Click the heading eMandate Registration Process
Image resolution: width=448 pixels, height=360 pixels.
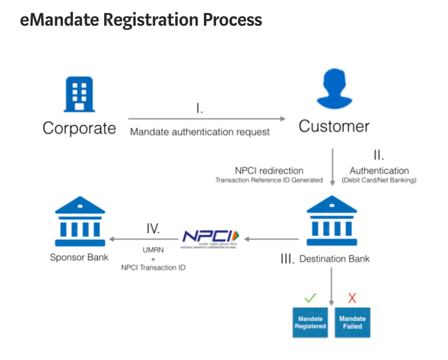tap(141, 20)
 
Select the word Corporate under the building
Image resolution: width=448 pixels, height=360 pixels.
tap(79, 128)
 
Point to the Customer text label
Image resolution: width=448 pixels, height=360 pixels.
tap(334, 126)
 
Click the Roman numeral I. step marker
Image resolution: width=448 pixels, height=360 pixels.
tap(200, 109)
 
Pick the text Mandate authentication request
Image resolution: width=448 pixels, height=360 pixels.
tap(200, 131)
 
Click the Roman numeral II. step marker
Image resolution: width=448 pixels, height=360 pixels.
tap(379, 156)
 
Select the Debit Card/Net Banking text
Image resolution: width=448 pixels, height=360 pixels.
tap(379, 180)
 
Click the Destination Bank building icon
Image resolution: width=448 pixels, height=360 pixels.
tap(331, 221)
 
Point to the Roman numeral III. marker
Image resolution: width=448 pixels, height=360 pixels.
tap(287, 260)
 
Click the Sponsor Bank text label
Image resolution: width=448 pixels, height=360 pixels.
tap(79, 258)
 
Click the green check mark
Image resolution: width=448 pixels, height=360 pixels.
tap(310, 296)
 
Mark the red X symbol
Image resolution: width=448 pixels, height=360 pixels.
tap(352, 296)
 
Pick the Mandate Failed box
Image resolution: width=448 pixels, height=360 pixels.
tap(352, 322)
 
